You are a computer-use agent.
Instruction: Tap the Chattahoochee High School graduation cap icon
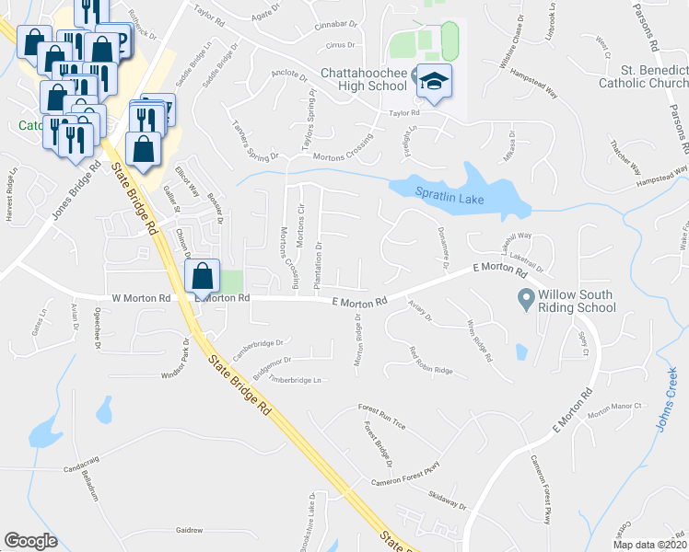point(430,82)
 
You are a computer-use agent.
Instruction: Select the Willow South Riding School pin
point(526,298)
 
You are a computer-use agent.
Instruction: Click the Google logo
point(30,541)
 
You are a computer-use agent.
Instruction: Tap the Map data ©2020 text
point(649,545)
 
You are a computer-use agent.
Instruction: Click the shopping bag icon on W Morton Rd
point(202,275)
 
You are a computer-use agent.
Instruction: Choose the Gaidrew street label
point(189,530)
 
